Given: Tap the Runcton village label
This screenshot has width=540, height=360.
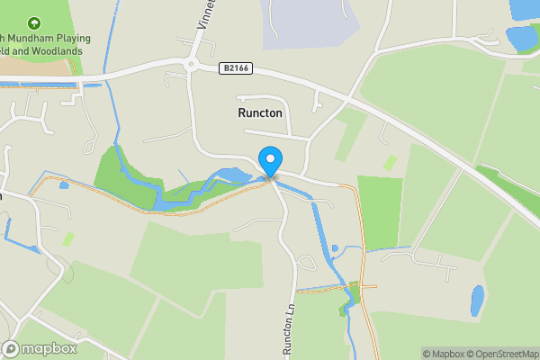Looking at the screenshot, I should tap(260, 114).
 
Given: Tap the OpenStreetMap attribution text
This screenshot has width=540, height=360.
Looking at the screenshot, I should tap(501, 354).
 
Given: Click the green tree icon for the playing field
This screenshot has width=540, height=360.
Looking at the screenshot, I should tap(34, 22).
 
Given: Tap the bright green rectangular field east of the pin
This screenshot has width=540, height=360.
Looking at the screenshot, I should tap(380, 211).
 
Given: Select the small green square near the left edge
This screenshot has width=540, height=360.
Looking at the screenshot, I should tap(68, 238).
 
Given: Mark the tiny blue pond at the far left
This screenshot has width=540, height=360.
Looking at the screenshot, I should tap(64, 185).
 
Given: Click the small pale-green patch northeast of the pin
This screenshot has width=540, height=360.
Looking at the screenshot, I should tap(390, 163).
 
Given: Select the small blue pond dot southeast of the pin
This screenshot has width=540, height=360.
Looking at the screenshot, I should tap(335, 248).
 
